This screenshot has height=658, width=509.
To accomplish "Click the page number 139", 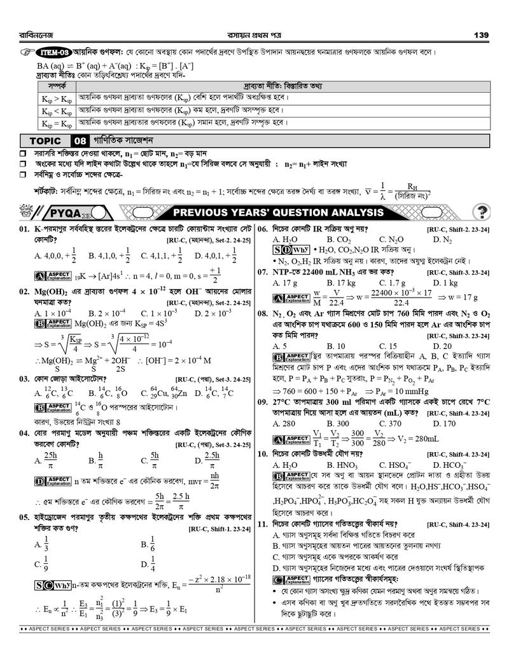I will pos(480,34).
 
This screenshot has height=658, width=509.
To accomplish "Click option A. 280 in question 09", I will pos(283,423).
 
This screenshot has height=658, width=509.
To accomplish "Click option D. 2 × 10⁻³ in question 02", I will pos(214,313).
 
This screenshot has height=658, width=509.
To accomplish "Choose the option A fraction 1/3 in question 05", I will pos(42,545).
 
